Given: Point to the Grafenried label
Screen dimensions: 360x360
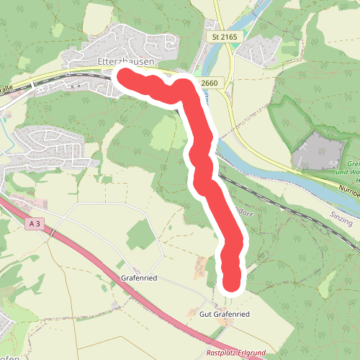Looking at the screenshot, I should [140, 276].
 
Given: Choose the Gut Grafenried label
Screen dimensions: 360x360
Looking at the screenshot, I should [224, 315].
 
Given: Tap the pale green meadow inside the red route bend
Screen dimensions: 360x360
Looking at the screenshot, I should [164, 130].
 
